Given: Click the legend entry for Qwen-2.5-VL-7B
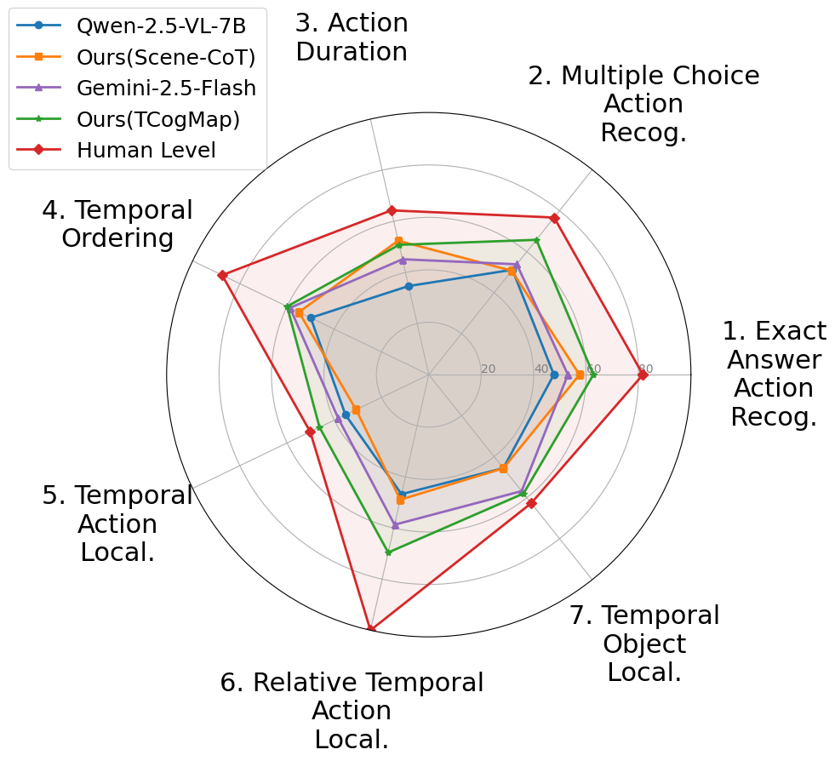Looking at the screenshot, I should (161, 26).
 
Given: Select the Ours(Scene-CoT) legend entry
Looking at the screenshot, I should (165, 57).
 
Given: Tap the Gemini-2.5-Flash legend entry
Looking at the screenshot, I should (166, 88).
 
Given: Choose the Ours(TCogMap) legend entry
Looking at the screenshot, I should (157, 119).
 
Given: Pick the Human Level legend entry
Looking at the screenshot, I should (146, 151).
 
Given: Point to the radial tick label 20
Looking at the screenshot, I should (488, 369).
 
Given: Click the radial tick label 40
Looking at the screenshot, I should (540, 369).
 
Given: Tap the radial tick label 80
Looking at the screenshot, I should (645, 369).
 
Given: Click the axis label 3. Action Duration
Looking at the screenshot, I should (352, 37).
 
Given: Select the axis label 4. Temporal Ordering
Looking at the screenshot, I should (117, 224).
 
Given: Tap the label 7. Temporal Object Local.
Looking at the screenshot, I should (644, 644).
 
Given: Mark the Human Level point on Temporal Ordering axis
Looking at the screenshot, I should (221, 275).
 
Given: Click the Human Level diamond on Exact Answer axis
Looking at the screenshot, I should (642, 375).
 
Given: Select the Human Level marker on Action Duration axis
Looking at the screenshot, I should (392, 210).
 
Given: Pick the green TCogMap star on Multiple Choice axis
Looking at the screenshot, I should (536, 241).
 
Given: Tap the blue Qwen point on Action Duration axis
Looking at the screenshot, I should (409, 287).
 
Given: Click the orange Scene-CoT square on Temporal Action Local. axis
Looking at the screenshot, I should (356, 410).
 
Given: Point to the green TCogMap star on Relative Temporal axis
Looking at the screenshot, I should (388, 552).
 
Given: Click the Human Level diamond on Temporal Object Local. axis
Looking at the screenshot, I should (531, 503).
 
